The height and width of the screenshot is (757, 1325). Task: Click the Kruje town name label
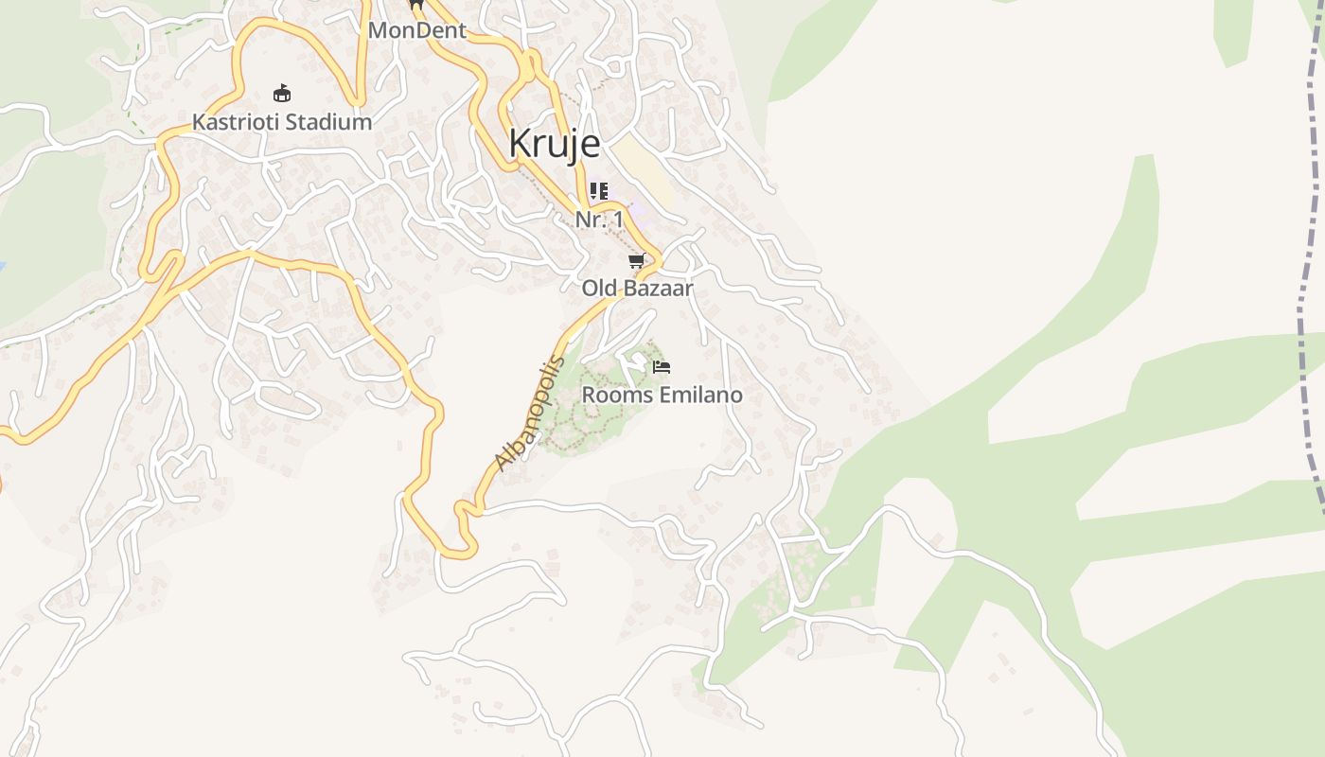pyautogui.click(x=554, y=144)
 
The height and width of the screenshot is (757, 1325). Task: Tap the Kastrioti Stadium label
pyautogui.click(x=282, y=122)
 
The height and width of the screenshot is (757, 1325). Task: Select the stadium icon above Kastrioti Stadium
pyautogui.click(x=282, y=93)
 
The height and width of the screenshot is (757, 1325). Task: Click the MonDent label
pyautogui.click(x=417, y=30)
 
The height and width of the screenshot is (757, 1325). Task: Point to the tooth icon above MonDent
pyautogui.click(x=415, y=4)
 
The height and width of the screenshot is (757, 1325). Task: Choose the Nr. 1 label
pyautogui.click(x=599, y=220)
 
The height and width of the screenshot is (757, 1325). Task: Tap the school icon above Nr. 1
pyautogui.click(x=598, y=191)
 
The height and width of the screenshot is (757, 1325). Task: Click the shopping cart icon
pyautogui.click(x=637, y=260)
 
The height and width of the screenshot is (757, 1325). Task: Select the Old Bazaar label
pyautogui.click(x=637, y=288)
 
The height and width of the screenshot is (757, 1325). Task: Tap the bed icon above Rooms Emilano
pyautogui.click(x=662, y=367)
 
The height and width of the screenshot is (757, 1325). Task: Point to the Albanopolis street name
pyautogui.click(x=530, y=413)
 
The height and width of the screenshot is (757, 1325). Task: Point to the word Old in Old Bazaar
pyautogui.click(x=598, y=288)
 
